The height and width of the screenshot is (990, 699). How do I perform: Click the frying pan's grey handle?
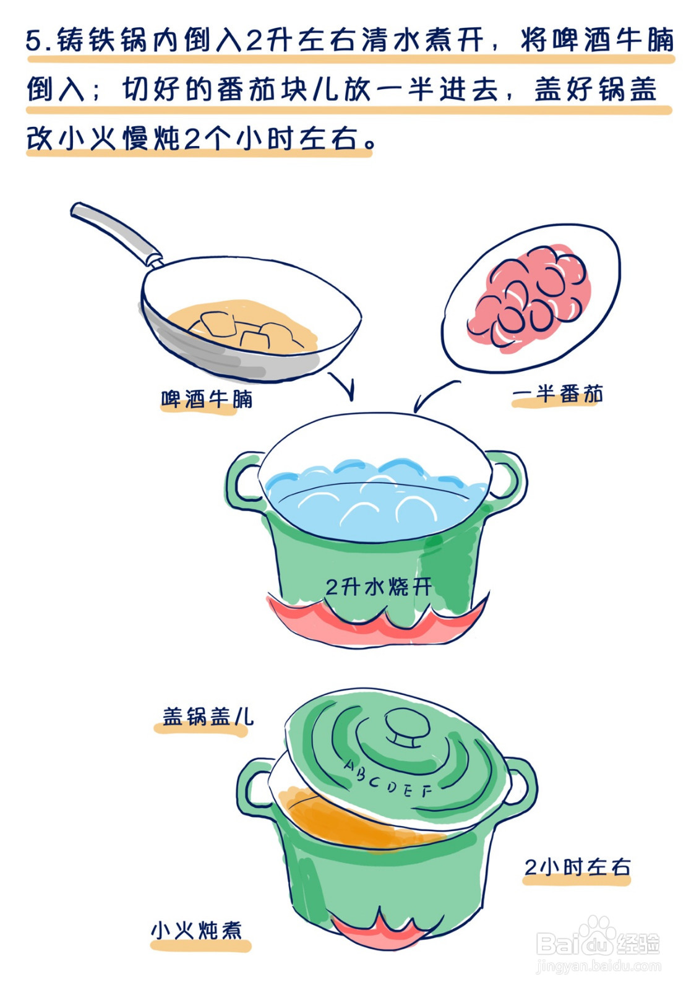(x=114, y=230)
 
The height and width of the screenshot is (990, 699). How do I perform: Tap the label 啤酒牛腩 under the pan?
(x=207, y=399)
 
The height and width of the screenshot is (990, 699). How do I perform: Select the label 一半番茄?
(x=557, y=394)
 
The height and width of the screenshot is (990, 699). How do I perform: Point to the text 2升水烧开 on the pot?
(x=379, y=586)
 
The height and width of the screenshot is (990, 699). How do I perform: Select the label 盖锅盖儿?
(x=207, y=717)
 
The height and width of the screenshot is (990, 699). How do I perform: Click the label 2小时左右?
(x=577, y=867)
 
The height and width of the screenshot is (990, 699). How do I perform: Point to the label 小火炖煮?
(x=197, y=930)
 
